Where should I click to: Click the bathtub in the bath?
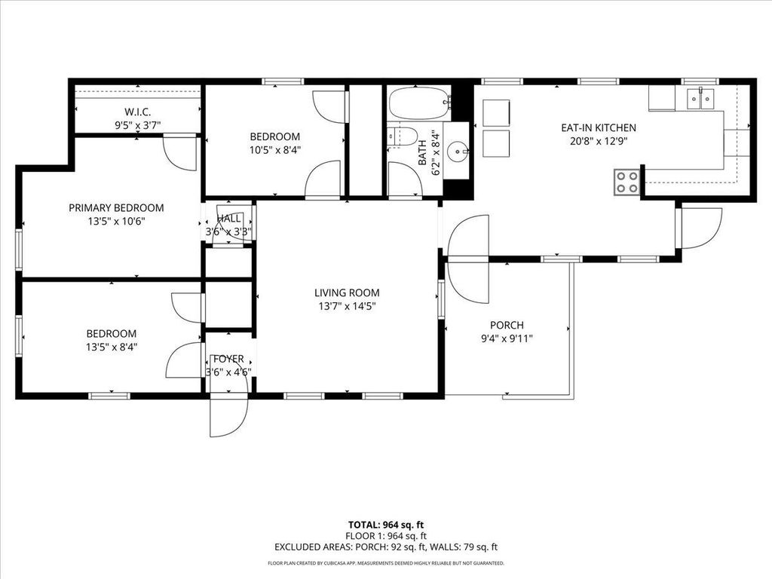point(418,103)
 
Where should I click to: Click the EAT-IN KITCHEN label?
point(598,128)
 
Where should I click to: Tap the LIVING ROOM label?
point(347,293)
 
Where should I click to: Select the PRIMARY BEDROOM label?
point(116,208)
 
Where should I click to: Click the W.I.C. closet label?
point(138,112)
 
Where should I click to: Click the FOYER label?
point(228,359)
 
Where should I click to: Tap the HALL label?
point(228,219)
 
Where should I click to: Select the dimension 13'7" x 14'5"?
point(347,306)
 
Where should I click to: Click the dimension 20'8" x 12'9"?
point(598,140)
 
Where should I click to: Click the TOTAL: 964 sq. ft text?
point(385,525)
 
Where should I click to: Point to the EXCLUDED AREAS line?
point(385,547)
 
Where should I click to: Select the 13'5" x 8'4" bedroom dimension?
point(112,348)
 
